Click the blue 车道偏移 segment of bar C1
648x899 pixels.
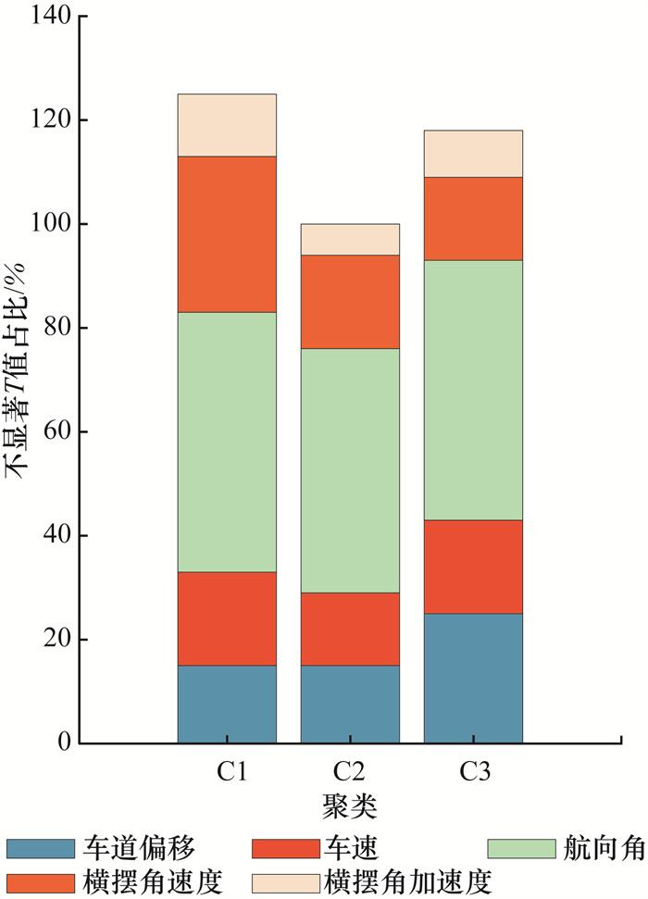coord(227,704)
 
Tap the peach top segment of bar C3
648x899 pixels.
coord(473,152)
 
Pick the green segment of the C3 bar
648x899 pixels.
coord(473,390)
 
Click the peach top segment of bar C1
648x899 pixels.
coord(227,125)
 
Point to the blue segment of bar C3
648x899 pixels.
coord(473,678)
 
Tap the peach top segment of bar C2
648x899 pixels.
coord(350,239)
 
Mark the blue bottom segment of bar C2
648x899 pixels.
coord(350,704)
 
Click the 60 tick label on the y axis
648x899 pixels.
coord(55,432)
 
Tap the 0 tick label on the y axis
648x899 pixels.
coord(62,743)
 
